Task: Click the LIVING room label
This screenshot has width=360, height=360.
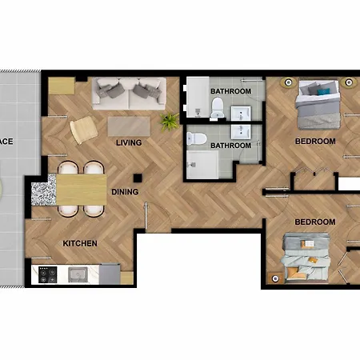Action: (x=128, y=143)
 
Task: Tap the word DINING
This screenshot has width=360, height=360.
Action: (x=124, y=192)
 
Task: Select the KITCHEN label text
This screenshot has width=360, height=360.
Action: (x=80, y=243)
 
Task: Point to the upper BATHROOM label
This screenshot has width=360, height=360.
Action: (x=230, y=92)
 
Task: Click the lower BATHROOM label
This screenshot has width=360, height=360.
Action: (x=230, y=145)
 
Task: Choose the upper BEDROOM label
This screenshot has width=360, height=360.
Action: (x=314, y=142)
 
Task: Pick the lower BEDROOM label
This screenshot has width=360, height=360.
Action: (x=314, y=222)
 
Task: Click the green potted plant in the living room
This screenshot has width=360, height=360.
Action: (x=169, y=122)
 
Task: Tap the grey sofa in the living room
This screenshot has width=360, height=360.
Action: (x=128, y=94)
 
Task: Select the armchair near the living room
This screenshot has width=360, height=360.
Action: (x=82, y=129)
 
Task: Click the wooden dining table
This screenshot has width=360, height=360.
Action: (x=81, y=190)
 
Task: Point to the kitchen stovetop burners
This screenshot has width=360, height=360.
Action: (x=47, y=275)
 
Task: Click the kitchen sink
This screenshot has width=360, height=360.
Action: (x=78, y=275)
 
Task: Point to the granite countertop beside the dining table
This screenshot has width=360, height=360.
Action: (x=41, y=192)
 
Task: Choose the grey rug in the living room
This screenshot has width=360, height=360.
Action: (x=128, y=126)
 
